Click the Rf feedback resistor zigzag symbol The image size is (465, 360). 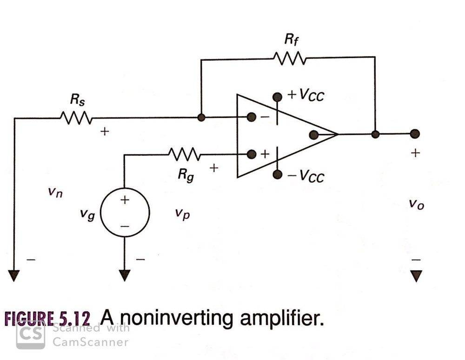(x=289, y=59)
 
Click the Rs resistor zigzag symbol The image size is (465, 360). (x=76, y=118)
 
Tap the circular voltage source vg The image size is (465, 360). (x=125, y=213)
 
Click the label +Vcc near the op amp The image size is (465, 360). (x=306, y=95)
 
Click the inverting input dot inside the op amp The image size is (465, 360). (x=252, y=118)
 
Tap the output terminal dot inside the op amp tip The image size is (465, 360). (x=313, y=135)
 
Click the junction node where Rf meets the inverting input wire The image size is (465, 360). (x=201, y=118)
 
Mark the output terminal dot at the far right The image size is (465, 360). (x=415, y=134)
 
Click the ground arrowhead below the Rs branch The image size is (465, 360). (x=14, y=276)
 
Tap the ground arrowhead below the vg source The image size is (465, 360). (x=124, y=276)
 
